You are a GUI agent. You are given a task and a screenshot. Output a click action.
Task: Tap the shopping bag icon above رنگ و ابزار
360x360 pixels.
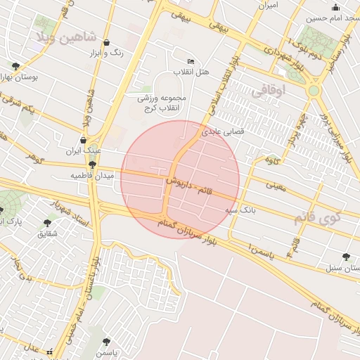pyautogui.click(x=106, y=42)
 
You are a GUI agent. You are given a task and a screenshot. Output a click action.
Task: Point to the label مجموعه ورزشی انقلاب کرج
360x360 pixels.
pyautogui.click(x=162, y=103)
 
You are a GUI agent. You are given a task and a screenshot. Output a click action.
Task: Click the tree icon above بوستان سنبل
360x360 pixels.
pyautogui.click(x=345, y=257)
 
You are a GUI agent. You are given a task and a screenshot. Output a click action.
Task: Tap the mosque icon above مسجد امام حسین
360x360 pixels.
pyautogui.click(x=335, y=8)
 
